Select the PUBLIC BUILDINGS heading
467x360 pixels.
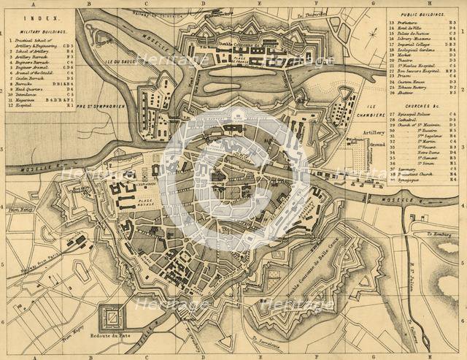[x=423, y=14]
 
